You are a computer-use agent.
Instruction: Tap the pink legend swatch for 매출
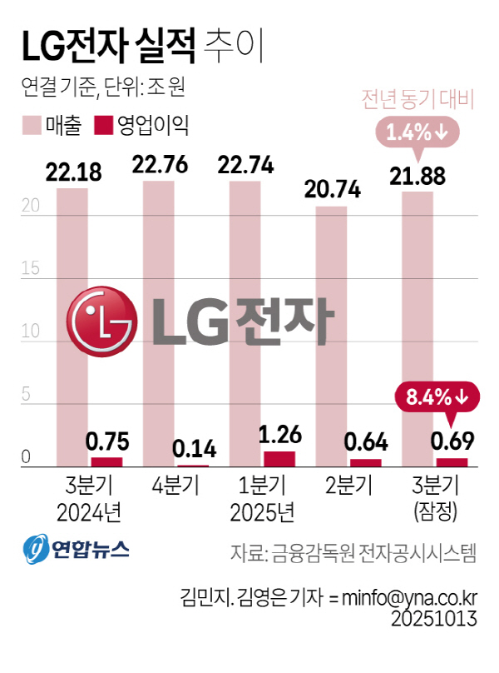pyautogui.click(x=32, y=126)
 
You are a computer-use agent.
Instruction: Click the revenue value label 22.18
pyautogui.click(x=73, y=172)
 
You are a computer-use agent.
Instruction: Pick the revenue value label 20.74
pyautogui.click(x=333, y=190)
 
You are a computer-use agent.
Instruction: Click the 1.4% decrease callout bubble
pyautogui.click(x=416, y=131)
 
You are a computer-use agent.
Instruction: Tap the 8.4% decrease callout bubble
pyautogui.click(x=438, y=396)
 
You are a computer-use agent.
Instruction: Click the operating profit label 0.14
pyautogui.click(x=194, y=450)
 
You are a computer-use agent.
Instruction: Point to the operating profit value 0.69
pyautogui.click(x=452, y=441)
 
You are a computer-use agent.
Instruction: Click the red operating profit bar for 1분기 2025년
pyautogui.click(x=279, y=459)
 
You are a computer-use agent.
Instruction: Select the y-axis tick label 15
pyautogui.click(x=31, y=269)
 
